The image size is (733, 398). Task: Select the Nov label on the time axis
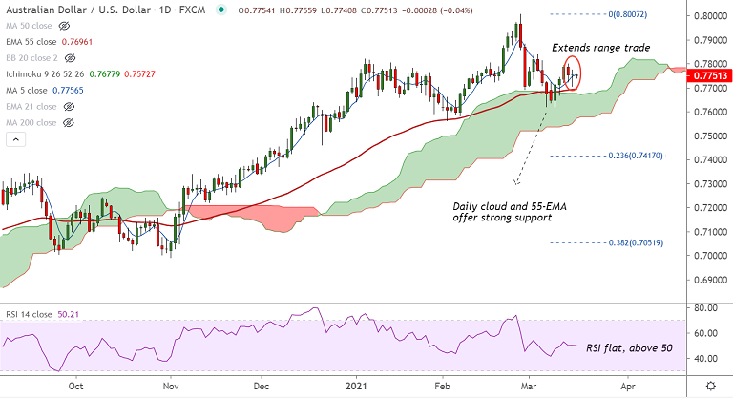pos(170,387)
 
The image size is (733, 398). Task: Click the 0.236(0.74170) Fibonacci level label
pos(633,156)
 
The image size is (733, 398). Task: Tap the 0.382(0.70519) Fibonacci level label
pos(633,243)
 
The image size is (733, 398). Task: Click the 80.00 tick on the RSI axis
pos(708,308)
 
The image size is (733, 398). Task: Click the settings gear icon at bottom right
pos(709,386)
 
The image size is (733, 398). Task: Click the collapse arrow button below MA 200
pos(14,139)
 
